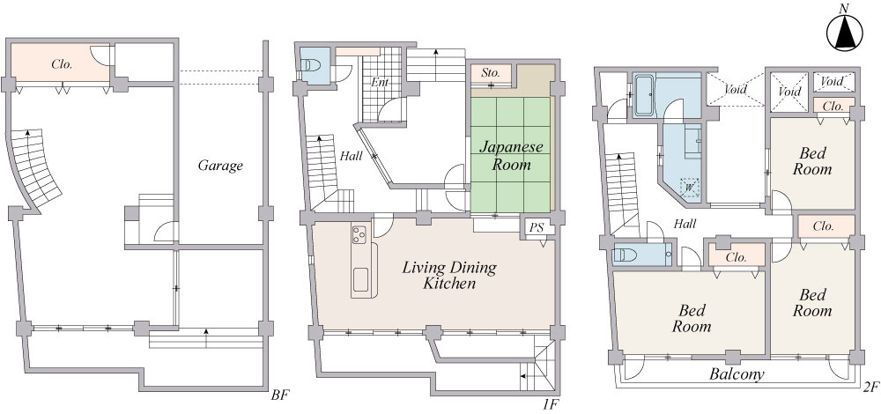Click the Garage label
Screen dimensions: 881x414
[220, 166]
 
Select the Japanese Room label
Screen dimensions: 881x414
[511, 156]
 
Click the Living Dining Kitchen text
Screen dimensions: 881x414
[449, 275]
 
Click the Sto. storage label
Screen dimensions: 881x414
[491, 73]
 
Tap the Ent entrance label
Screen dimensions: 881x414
[380, 82]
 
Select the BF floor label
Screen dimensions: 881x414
[279, 396]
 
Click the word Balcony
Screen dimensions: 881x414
[736, 374]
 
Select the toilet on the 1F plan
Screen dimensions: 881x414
[310, 65]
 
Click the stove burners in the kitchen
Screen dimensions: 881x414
[359, 233]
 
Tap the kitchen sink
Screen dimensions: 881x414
[360, 279]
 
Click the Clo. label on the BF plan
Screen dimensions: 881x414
[62, 64]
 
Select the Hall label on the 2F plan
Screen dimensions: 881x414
[685, 224]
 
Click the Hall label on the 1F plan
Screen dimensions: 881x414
[352, 157]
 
